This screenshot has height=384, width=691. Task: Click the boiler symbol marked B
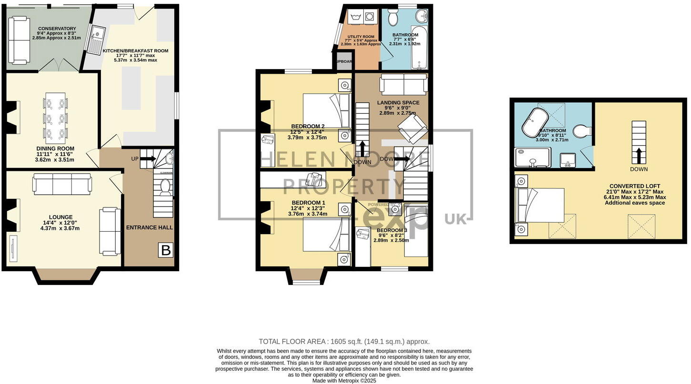point(166,250)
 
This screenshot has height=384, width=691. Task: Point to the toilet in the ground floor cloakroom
point(165,188)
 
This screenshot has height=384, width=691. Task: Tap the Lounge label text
point(63,217)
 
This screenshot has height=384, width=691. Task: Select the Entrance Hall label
point(149,227)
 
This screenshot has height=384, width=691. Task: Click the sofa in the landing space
point(403,85)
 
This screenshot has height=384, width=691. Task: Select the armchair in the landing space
point(412,128)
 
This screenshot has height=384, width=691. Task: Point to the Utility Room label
point(360,37)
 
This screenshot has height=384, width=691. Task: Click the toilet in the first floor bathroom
point(393,18)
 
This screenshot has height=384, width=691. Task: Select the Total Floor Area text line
point(344,342)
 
